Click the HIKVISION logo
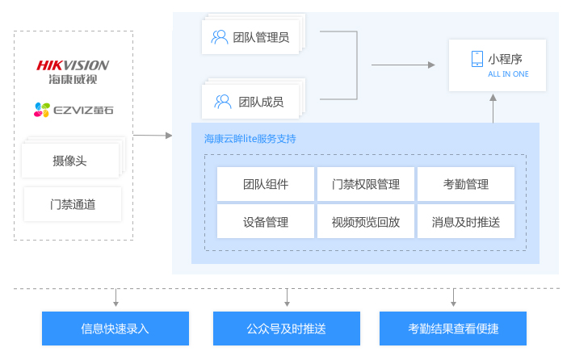coord(73,71)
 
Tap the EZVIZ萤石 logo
coord(73,109)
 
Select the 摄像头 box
coord(70,161)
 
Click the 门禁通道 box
coord(73,204)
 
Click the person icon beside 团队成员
coord(223,102)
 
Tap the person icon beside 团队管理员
coord(219,36)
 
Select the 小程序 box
coord(497,65)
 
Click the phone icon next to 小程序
coord(477,59)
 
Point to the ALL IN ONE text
coord(508,74)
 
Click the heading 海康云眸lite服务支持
coord(250,139)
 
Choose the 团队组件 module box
coord(266,184)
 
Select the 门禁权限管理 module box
coord(366,184)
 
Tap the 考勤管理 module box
coord(466,184)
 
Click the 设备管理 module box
coord(266,222)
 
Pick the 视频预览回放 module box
coord(366,222)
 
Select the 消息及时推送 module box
coord(466,222)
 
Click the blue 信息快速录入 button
coord(115,329)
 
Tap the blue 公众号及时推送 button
coord(286,329)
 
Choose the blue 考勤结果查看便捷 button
coord(453,329)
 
